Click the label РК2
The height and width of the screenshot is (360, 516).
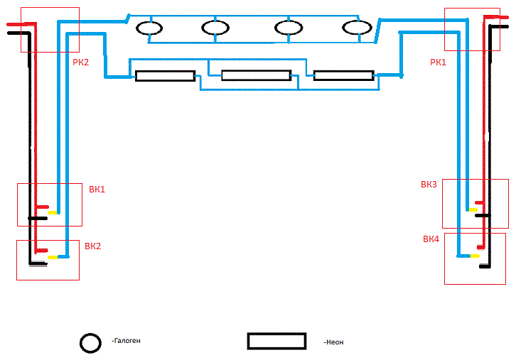[81, 62]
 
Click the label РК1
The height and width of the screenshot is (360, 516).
[439, 62]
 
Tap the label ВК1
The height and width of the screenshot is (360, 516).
[97, 190]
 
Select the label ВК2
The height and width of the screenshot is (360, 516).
[92, 247]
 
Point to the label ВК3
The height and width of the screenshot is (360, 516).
[429, 185]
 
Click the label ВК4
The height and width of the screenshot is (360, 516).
[431, 239]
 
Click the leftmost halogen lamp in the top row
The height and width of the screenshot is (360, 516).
[149, 28]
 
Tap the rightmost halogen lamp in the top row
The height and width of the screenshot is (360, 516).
[357, 28]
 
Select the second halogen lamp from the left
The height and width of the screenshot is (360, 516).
[215, 28]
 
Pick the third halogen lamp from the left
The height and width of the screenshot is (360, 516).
[289, 28]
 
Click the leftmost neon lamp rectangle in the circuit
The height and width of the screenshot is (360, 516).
[165, 75]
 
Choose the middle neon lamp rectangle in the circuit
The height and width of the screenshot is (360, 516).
[256, 75]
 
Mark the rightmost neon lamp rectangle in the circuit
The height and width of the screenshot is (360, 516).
[343, 75]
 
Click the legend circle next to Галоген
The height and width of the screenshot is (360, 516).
[91, 342]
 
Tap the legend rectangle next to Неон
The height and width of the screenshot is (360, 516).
[276, 341]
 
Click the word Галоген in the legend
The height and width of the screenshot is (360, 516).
[126, 342]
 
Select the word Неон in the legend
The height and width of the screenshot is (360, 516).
[333, 342]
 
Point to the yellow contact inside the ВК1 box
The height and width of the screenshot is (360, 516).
[52, 212]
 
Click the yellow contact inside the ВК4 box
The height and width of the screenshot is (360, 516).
[475, 255]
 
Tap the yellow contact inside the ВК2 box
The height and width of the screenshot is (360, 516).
[53, 256]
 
